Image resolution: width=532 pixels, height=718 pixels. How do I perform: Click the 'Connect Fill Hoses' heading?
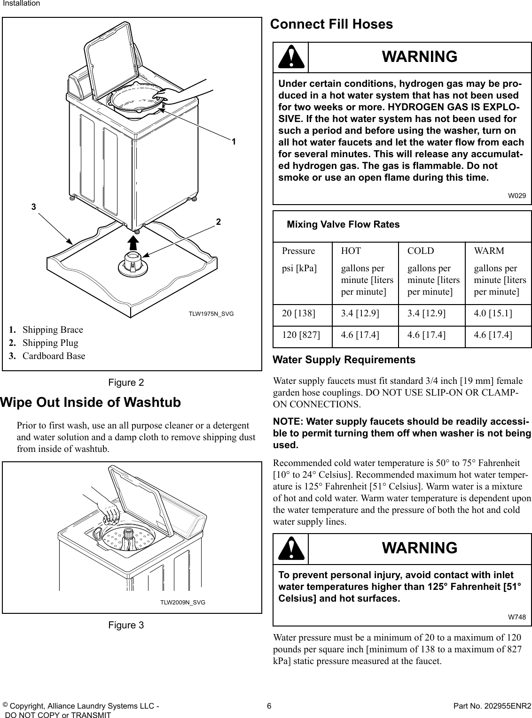331,24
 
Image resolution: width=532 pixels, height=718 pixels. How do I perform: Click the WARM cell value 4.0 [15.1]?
493,313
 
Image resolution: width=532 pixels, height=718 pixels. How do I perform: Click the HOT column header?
351,251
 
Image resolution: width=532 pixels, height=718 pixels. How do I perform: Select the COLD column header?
421,251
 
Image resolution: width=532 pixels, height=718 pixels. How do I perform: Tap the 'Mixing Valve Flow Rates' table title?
343,225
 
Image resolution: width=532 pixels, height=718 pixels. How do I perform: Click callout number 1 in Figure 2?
233,141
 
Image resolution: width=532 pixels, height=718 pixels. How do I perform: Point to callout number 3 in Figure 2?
33,206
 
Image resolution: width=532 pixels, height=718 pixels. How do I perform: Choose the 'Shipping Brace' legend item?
53,329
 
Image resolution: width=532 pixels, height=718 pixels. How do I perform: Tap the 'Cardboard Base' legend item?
54,356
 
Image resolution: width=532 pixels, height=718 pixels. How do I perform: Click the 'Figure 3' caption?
126,625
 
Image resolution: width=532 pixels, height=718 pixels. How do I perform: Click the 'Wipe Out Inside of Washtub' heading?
91,403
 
